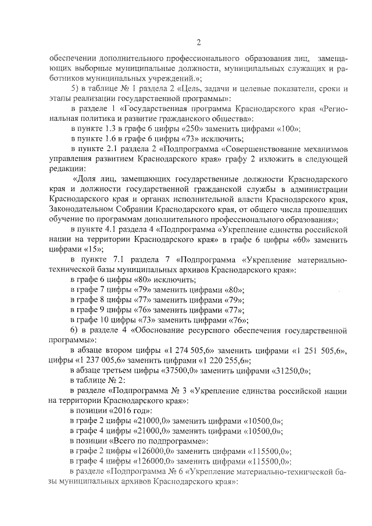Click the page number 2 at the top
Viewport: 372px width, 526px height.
[x=198, y=42]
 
